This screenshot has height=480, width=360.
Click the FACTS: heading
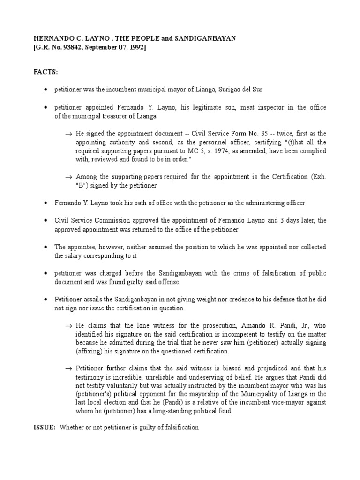(45, 73)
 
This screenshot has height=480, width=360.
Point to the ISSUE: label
(44, 428)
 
